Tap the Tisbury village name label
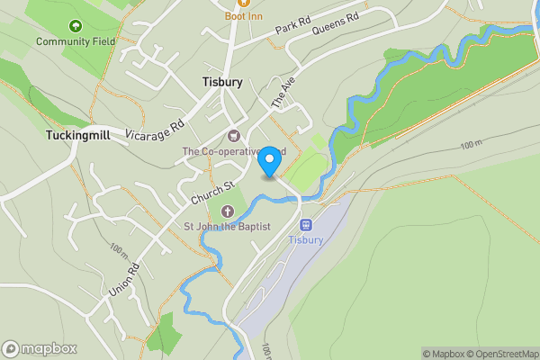pyautogui.click(x=221, y=82)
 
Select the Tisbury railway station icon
pyautogui.click(x=305, y=225)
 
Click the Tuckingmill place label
pyautogui.click(x=76, y=135)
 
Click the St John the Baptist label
pyautogui.click(x=228, y=227)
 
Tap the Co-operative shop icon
pyautogui.click(x=234, y=137)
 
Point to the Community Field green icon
pyautogui.click(x=75, y=27)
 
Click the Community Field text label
pyautogui.click(x=75, y=41)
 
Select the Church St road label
pyautogui.click(x=212, y=193)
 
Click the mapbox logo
pyautogui.click(x=40, y=349)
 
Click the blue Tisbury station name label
pyautogui.click(x=305, y=240)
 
